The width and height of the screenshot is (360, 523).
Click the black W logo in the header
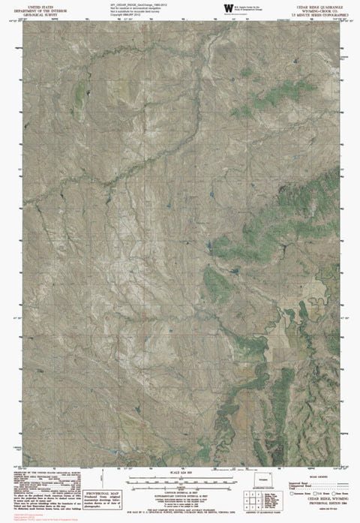tap(227, 8)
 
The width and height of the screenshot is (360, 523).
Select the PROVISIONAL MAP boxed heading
tap(108, 486)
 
